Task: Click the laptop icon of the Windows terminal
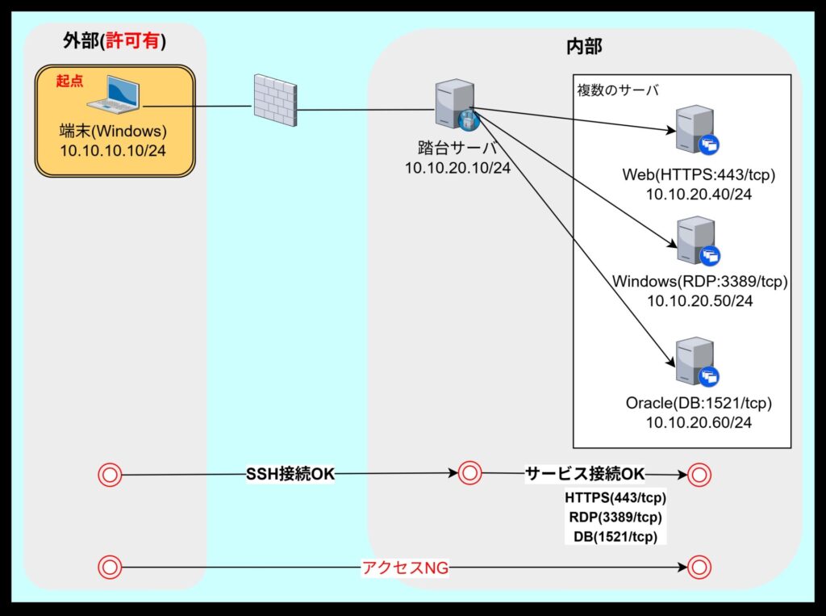115,95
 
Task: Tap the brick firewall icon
273,99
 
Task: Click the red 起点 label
69,81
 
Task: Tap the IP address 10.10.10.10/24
113,149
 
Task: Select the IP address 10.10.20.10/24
457,167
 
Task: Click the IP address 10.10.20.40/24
699,194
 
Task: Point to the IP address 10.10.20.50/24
699,301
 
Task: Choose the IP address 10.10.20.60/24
699,422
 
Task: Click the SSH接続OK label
290,474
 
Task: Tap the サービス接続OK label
585,473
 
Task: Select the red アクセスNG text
405,568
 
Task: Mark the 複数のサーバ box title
618,90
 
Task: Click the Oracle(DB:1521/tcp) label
699,402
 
